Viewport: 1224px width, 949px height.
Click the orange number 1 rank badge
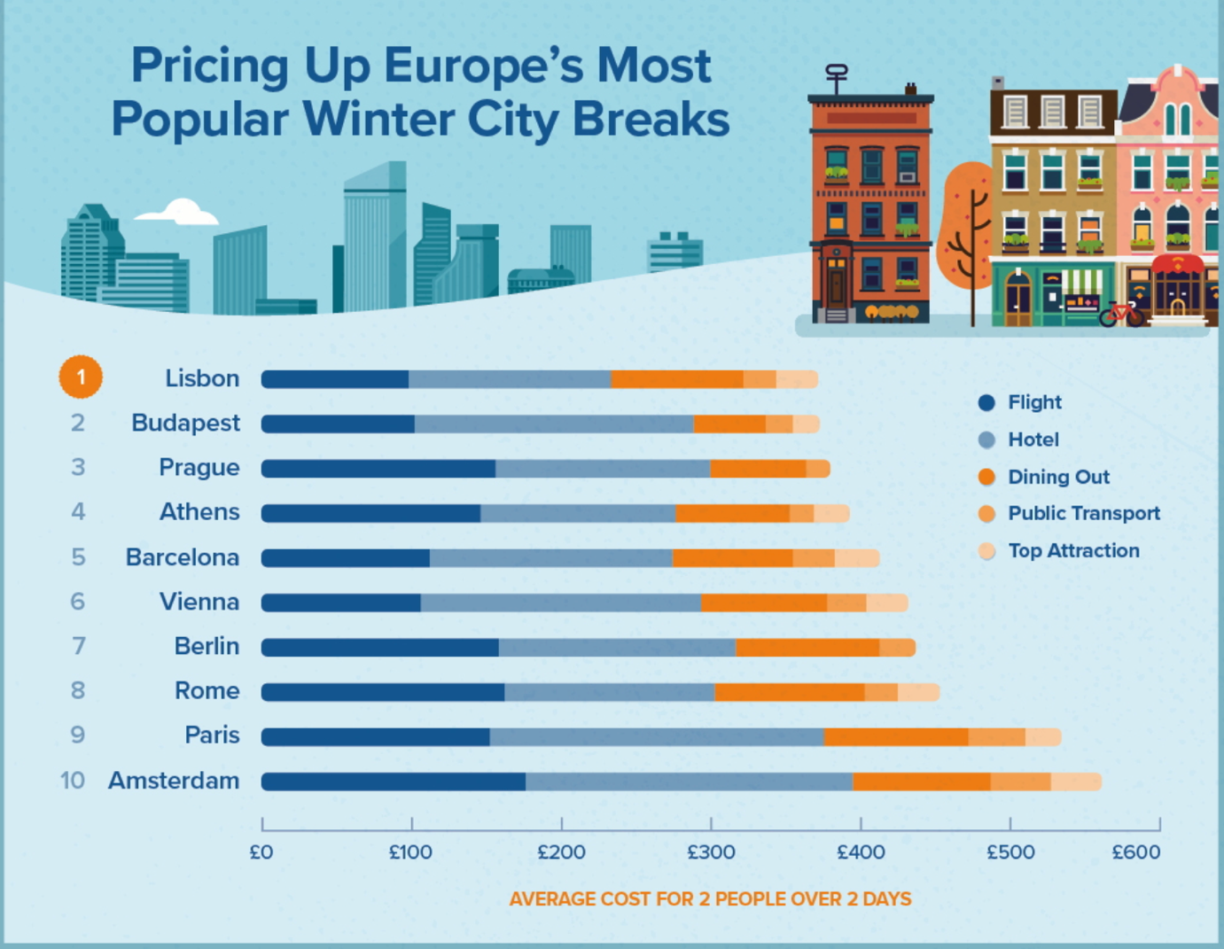click(81, 377)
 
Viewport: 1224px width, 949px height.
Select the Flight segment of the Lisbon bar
click(335, 379)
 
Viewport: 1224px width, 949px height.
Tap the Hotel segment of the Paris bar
click(657, 736)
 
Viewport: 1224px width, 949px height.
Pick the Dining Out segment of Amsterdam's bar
click(922, 782)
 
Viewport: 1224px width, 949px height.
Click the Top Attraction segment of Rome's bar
click(918, 692)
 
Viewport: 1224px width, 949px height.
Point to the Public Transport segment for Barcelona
click(814, 558)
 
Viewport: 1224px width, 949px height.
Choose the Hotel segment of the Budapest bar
click(554, 424)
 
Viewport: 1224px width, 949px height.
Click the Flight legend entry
click(1033, 402)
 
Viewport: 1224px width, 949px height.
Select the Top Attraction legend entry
click(1072, 551)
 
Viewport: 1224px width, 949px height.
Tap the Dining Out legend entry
click(1057, 477)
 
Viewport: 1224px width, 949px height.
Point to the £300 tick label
click(711, 852)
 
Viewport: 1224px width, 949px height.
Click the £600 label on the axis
click(1135, 852)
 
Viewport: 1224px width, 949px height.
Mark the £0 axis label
click(261, 852)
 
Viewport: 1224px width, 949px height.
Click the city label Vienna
click(199, 602)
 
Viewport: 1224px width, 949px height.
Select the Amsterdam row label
click(174, 781)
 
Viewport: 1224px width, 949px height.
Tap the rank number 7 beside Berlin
click(78, 646)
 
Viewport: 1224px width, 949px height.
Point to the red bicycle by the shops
click(1120, 313)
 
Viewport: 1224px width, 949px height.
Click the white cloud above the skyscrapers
click(180, 213)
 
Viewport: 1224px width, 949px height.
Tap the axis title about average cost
click(710, 899)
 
